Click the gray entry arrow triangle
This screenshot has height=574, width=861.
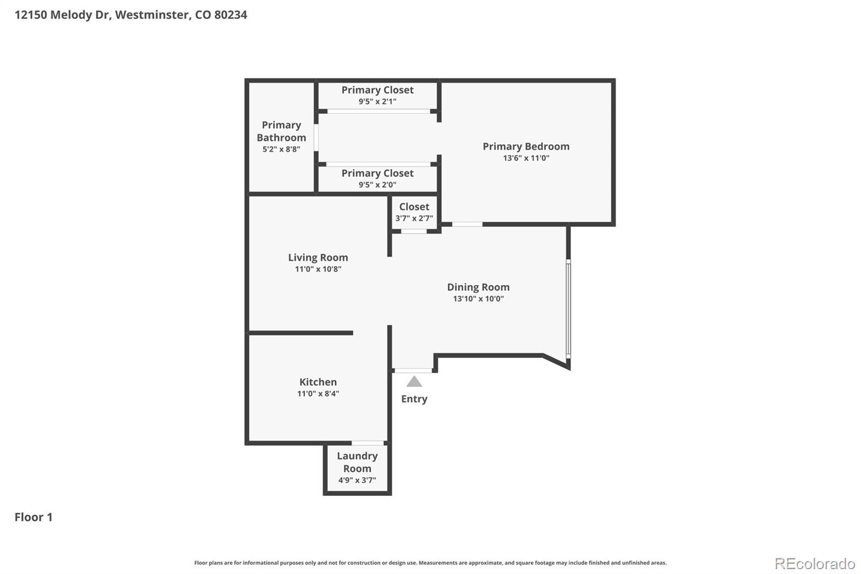point(414,382)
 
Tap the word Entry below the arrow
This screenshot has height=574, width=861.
point(414,399)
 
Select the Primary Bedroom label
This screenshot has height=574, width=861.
point(526,146)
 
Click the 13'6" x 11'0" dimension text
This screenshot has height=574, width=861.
point(526,158)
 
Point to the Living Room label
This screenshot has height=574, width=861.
point(318,257)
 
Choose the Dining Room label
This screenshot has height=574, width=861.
point(478,287)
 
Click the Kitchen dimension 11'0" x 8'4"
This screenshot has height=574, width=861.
point(318,394)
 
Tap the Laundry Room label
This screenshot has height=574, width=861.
point(357,462)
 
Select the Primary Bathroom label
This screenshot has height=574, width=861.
point(281,131)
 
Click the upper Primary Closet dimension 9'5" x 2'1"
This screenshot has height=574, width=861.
point(377,101)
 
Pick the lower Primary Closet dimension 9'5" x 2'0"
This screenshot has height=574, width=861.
point(377,185)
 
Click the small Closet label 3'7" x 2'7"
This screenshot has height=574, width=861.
point(414,212)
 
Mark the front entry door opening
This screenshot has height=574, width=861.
point(413,370)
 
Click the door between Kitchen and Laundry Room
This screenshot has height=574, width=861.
point(368,443)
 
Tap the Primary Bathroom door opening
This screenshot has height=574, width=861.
point(316,138)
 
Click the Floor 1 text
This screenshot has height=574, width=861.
point(33,517)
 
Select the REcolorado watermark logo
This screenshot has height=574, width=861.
point(814,563)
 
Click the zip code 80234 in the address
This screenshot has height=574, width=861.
point(230,15)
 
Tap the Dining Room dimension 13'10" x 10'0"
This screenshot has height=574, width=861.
point(478,299)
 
